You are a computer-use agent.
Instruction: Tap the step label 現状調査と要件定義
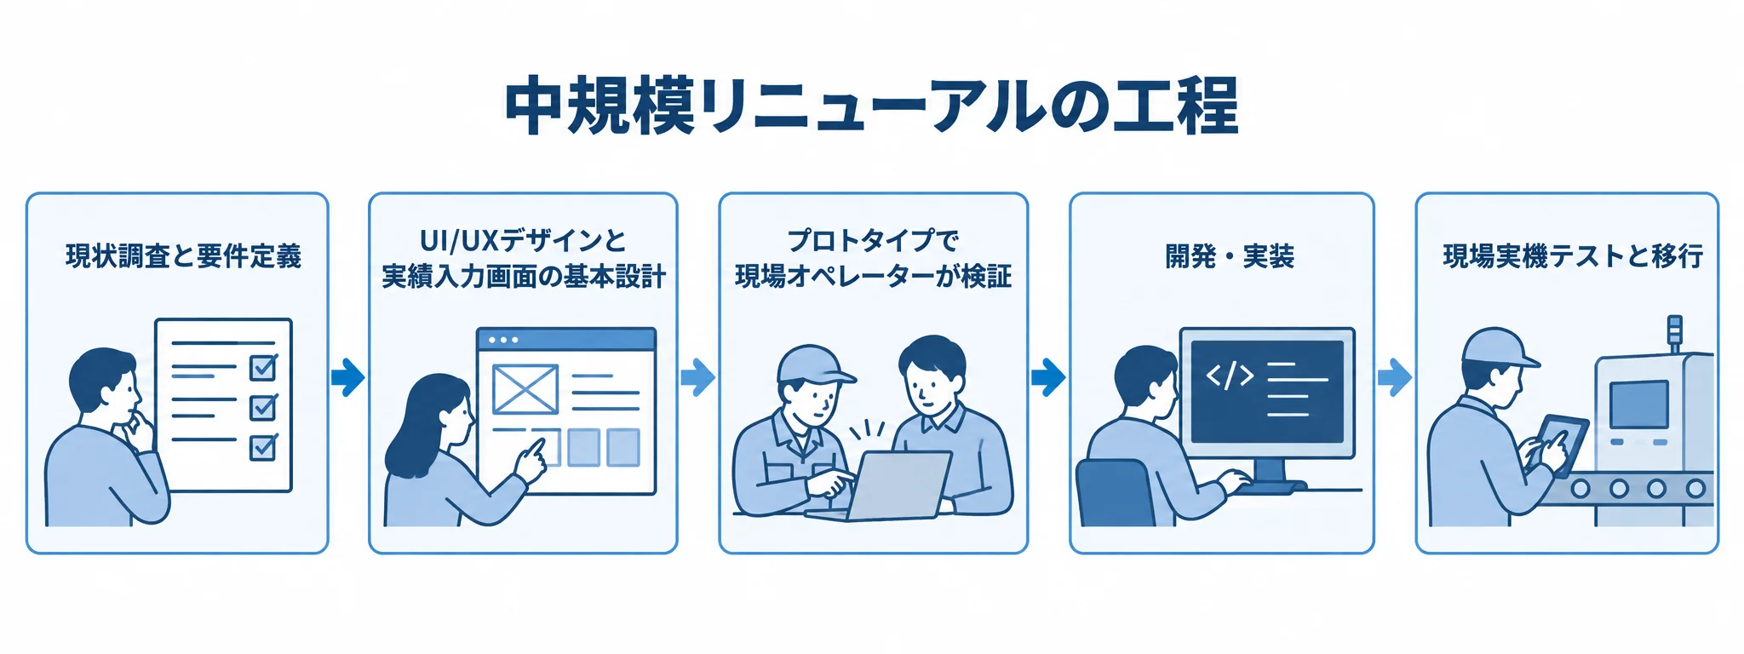(184, 255)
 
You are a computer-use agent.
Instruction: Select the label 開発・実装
(1230, 255)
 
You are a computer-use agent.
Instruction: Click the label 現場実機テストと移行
(1573, 255)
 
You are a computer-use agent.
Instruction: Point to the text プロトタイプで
(873, 240)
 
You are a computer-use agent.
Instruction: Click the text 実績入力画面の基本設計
(524, 277)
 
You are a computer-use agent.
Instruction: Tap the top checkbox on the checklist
(263, 367)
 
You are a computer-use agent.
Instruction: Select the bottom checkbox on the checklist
(263, 446)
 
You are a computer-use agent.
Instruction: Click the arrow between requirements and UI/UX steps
(348, 376)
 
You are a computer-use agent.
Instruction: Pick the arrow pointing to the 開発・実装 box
(1048, 376)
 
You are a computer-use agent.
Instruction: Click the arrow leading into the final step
(1395, 376)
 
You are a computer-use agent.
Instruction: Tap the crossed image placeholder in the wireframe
(525, 389)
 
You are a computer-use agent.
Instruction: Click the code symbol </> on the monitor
(1230, 375)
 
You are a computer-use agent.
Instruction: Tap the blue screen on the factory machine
(1639, 404)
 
